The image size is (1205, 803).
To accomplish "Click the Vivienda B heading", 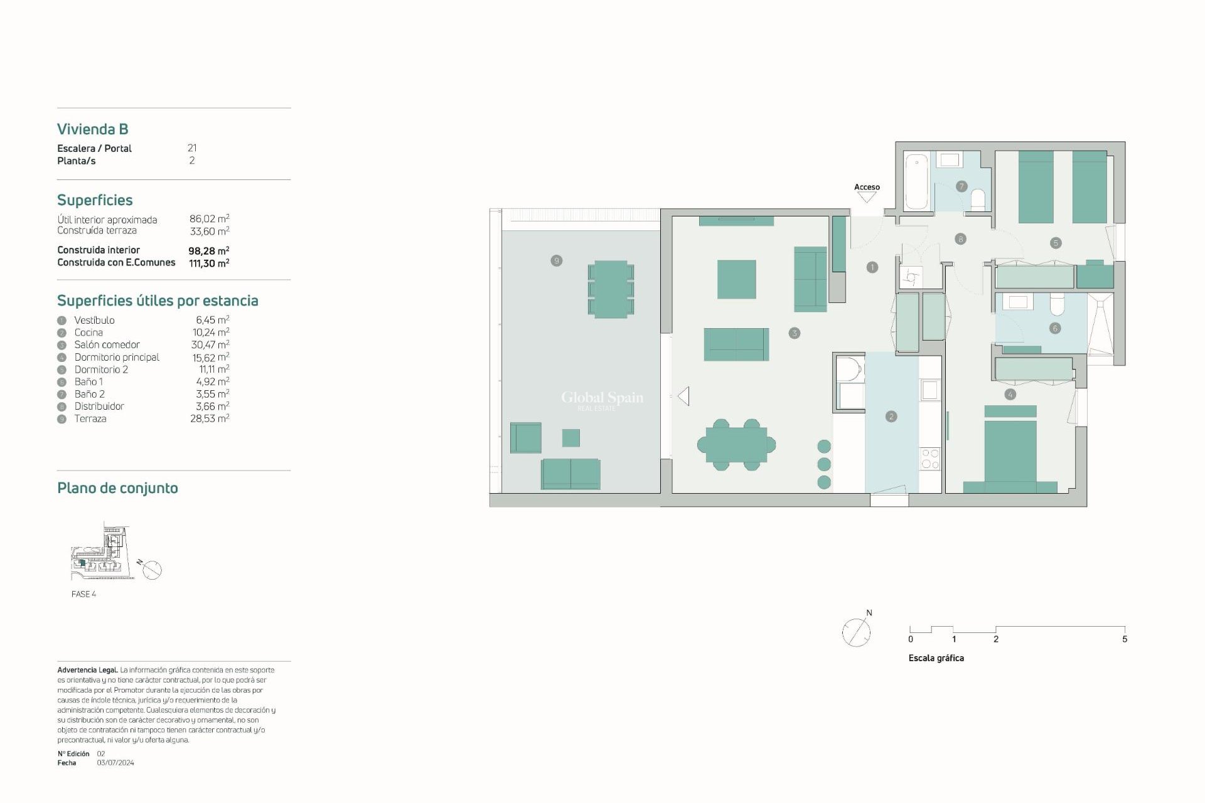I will coord(93,129).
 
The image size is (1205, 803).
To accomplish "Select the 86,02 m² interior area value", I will coord(209,219).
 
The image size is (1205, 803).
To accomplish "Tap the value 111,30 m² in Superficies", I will coord(209,263).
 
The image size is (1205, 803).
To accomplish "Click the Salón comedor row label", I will coord(107,344).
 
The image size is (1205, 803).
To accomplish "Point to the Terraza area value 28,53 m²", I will coord(210,418).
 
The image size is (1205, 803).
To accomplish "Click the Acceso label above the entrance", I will coord(867,187).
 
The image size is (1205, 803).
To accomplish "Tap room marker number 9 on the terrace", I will coord(556,260).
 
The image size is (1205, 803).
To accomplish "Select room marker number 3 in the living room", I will coord(794,333).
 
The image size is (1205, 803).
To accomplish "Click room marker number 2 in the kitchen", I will coord(891,417).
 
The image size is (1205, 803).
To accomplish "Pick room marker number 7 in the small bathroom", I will coord(961,186).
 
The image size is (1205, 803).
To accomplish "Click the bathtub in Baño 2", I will coord(917,181).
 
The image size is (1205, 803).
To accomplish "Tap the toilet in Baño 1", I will coord(1058,304).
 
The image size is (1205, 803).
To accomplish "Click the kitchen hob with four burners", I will coord(930,459).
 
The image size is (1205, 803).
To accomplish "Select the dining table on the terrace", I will coord(611,289).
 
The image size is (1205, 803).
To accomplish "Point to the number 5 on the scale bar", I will coord(1124,639).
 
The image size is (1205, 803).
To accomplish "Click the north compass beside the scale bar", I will coord(856,632).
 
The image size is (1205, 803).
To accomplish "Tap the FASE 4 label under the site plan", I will coord(83,594).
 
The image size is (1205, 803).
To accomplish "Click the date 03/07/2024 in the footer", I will coord(115,763).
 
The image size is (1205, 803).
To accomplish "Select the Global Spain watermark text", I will coord(602,398).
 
